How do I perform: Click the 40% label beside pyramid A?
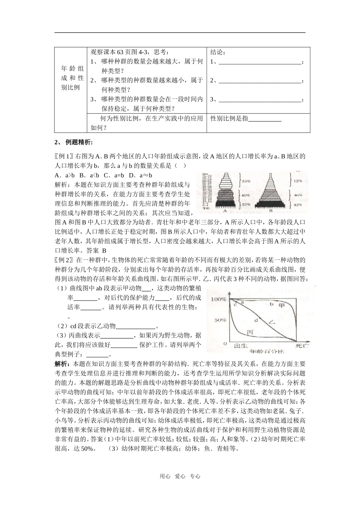point(245,195)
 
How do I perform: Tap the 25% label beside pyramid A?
point(246,205)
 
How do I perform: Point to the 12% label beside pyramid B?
point(298,181)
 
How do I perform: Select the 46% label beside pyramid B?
point(298,195)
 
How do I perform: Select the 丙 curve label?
point(250,332)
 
